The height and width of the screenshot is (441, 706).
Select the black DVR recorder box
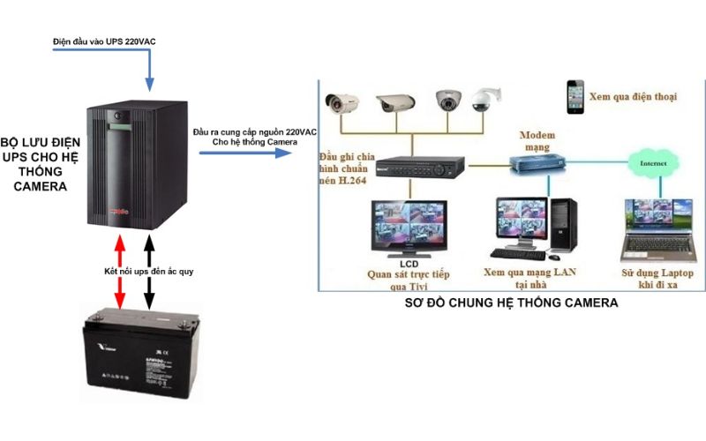(418, 165)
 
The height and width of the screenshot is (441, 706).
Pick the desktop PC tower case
(562, 225)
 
